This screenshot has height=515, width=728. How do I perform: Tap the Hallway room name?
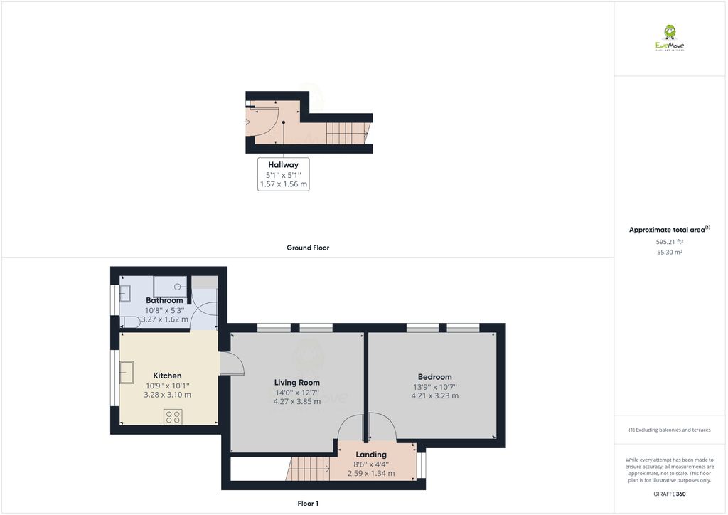283,164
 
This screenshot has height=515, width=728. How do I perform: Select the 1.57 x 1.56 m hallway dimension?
283,184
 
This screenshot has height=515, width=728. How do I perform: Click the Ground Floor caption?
307,248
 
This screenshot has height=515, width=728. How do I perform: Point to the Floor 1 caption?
307,504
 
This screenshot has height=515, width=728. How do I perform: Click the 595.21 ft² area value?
669,242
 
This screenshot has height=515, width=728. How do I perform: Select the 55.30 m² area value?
669,253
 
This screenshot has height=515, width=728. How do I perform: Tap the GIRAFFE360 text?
669,494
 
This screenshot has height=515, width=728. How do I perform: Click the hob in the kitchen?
173,416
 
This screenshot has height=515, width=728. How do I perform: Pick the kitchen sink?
128,372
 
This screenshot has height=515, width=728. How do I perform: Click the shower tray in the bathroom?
171,287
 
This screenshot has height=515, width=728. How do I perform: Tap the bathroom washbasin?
124,292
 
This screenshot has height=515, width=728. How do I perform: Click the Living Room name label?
297,382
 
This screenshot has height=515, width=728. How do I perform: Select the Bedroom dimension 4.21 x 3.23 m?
434,396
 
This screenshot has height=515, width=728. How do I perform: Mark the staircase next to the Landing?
309,468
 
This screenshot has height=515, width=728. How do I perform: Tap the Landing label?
371,455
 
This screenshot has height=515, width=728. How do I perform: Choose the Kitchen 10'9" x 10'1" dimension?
167,385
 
